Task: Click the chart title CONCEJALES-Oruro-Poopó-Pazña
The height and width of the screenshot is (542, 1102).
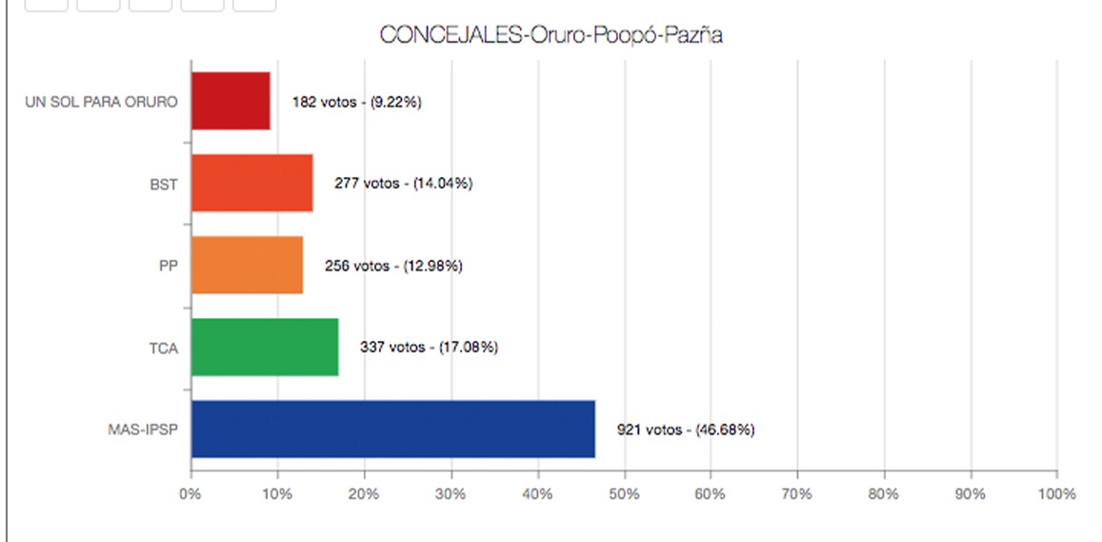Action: coord(551,35)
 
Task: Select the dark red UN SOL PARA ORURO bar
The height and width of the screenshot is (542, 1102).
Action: coord(230,101)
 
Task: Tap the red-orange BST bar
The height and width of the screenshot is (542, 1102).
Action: coord(251,183)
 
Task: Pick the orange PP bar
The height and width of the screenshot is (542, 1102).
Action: coord(247,265)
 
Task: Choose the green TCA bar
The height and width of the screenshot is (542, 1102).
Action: coord(265,348)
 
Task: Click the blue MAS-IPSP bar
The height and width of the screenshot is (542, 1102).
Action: coord(392,430)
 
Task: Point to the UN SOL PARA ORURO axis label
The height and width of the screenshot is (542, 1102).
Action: coord(101,102)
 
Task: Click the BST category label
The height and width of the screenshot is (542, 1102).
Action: coord(163,184)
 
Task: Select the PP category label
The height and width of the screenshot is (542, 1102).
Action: coord(168,266)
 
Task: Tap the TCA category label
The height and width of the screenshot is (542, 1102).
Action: coord(164,348)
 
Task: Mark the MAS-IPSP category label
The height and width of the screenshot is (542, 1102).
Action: coord(142,430)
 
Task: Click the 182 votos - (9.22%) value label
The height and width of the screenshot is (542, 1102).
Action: coord(357,102)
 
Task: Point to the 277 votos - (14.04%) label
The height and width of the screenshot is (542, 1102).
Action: coord(403,184)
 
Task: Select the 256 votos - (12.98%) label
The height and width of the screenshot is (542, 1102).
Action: coord(393,266)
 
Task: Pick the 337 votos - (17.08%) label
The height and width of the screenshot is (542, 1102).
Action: coord(429,348)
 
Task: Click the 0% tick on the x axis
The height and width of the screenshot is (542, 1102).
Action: coord(190,494)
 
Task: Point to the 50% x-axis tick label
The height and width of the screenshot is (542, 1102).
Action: coord(624,494)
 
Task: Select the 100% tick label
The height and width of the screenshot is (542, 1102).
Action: coord(1056,494)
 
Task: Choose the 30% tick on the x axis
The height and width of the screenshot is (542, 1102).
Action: coord(451,494)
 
